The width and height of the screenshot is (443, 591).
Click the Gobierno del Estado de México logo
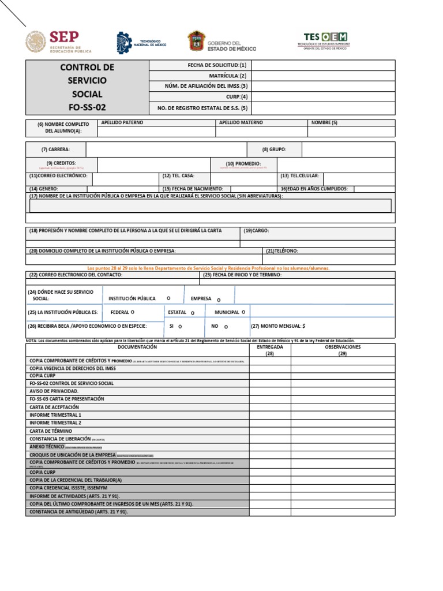click(x=221, y=42)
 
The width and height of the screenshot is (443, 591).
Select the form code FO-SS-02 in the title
click(x=87, y=107)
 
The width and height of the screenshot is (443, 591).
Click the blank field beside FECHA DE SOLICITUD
click(x=323, y=65)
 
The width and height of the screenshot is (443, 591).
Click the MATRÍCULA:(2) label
click(x=228, y=76)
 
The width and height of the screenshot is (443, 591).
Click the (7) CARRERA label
click(x=55, y=149)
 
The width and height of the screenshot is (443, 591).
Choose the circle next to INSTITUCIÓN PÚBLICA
click(x=168, y=298)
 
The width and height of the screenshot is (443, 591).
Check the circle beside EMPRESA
click(x=219, y=300)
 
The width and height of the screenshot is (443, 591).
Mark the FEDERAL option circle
click(x=133, y=312)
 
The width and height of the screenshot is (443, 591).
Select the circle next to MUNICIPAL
click(x=243, y=312)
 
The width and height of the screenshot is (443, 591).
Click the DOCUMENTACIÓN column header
click(x=137, y=347)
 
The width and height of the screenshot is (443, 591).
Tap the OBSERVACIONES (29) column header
click(x=343, y=350)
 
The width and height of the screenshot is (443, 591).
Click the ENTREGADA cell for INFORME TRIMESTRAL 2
click(x=269, y=423)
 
